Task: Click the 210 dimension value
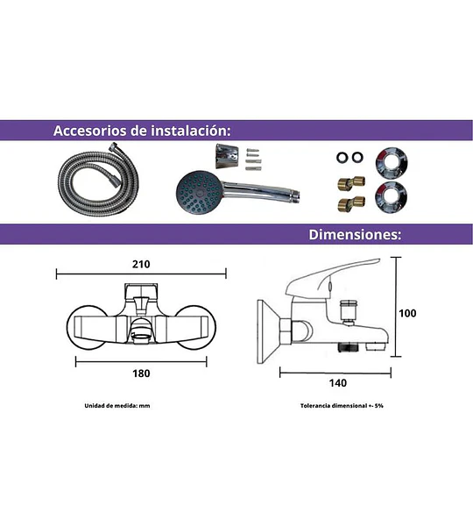click(x=141, y=265)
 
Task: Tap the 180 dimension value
click(x=141, y=373)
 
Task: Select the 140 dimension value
click(x=337, y=383)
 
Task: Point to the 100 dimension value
click(x=407, y=313)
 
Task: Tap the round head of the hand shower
click(x=199, y=193)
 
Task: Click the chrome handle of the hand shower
click(x=261, y=192)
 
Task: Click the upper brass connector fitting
click(x=351, y=182)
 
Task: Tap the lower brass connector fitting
click(x=351, y=203)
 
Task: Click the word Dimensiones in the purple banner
click(x=355, y=234)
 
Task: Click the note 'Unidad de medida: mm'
click(x=117, y=406)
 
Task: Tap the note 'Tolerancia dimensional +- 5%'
click(x=342, y=406)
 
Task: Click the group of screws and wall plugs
click(x=252, y=159)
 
